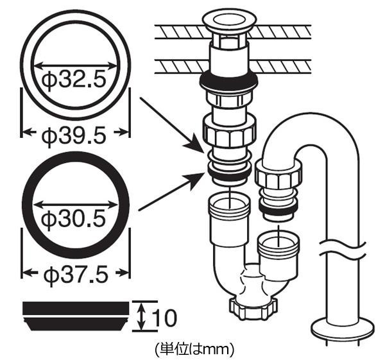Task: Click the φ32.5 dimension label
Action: tap(74, 79)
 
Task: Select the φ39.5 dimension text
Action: tap(74, 135)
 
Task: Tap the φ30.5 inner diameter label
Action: tap(74, 218)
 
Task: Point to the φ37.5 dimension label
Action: tap(76, 274)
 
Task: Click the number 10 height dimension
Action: tap(164, 318)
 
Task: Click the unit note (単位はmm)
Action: tap(194, 349)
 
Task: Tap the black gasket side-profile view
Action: tap(76, 316)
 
